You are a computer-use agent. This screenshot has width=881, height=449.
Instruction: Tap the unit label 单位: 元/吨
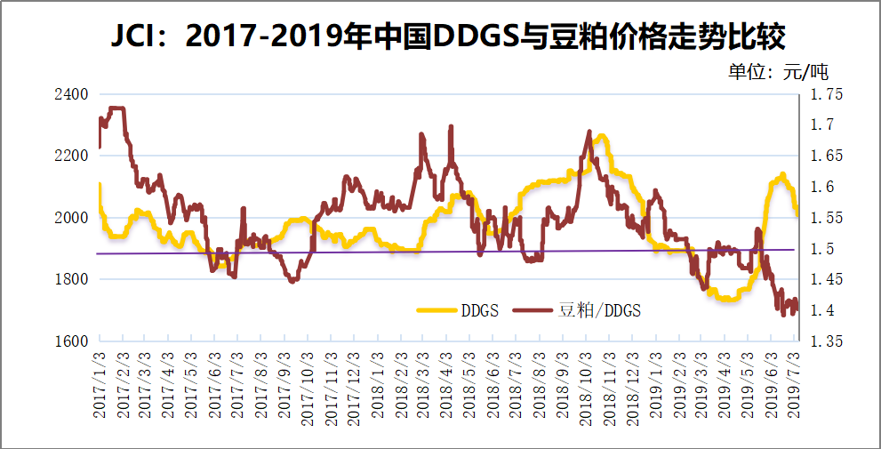[778, 72]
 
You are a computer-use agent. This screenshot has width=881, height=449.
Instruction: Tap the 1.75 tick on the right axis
[825, 94]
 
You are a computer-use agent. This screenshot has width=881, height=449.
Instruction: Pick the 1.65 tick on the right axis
[825, 156]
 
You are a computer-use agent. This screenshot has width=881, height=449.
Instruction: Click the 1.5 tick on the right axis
[820, 249]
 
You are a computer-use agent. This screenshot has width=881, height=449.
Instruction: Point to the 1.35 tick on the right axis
[825, 341]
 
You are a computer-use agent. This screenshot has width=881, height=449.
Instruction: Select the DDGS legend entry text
[479, 310]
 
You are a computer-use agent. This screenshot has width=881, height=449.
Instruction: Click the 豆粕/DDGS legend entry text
[598, 310]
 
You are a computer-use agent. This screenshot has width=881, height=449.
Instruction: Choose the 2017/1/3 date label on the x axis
[100, 383]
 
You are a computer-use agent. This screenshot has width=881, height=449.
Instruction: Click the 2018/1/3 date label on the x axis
[378, 383]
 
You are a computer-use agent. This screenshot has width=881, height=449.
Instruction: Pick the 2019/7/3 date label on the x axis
[795, 383]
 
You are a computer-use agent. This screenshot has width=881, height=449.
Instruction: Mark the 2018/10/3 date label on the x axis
[587, 385]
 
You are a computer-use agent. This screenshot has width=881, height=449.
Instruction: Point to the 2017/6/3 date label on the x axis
[216, 383]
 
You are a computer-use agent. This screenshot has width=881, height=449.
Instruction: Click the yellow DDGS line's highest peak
[602, 136]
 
